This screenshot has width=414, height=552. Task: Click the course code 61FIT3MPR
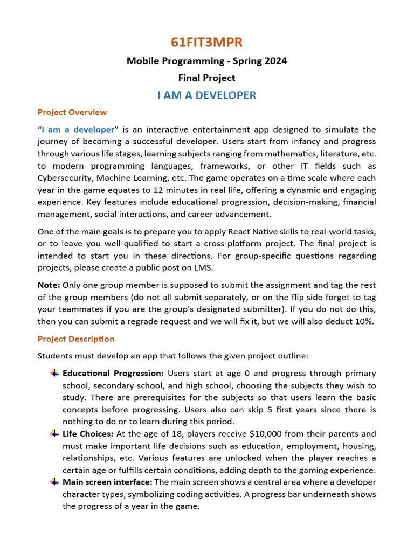tap(206, 43)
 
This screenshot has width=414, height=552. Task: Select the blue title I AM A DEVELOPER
tap(206, 95)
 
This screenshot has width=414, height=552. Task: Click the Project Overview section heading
tap(72, 112)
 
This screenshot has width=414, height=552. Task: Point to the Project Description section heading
tap(76, 339)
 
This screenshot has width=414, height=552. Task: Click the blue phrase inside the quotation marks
tap(78, 129)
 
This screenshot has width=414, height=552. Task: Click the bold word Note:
tap(49, 285)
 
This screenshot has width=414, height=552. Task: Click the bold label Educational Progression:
tap(113, 373)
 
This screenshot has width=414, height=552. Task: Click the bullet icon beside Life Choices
tap(54, 433)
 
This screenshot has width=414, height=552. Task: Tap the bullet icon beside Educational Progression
tap(54, 373)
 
